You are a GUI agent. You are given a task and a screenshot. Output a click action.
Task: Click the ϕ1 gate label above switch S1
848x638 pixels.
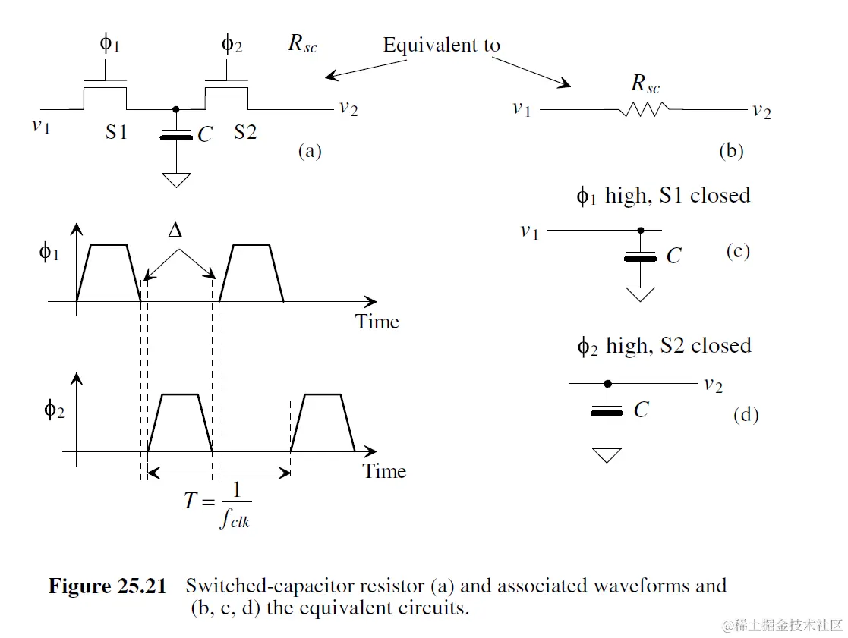click(x=109, y=43)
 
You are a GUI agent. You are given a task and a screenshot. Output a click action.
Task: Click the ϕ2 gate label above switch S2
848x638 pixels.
click(x=231, y=43)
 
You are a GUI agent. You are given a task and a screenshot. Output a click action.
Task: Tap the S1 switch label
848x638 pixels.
click(x=116, y=133)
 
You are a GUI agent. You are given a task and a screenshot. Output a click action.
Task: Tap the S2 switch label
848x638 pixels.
click(x=245, y=133)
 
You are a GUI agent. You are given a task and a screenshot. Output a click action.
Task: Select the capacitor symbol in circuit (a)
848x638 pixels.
click(x=176, y=137)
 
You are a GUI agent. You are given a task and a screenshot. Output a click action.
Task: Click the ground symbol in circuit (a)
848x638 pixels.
click(x=176, y=179)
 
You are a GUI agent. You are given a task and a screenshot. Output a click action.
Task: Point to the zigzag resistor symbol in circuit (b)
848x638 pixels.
click(x=645, y=111)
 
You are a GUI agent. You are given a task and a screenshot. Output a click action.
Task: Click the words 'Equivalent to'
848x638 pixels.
click(x=441, y=46)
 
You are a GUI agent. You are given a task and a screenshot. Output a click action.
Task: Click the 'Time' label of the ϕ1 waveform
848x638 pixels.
click(x=377, y=322)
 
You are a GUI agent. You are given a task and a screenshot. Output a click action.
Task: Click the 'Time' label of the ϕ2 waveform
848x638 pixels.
click(x=384, y=471)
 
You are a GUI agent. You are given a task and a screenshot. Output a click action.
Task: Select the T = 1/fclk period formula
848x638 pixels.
click(x=218, y=504)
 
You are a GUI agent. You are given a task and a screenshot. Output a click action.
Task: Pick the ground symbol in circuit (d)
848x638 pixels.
click(x=607, y=454)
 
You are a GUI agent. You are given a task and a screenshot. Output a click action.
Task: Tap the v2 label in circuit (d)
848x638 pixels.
click(x=712, y=385)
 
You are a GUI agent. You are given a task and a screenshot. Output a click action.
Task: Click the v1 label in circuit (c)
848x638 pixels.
click(x=529, y=231)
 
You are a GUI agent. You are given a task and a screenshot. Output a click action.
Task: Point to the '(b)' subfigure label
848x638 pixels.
click(x=731, y=151)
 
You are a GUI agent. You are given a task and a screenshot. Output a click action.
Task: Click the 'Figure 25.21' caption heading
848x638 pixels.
click(x=107, y=586)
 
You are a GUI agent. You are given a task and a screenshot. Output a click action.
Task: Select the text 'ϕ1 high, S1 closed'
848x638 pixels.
click(x=664, y=196)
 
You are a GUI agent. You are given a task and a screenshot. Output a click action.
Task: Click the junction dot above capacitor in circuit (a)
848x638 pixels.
click(x=176, y=109)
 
